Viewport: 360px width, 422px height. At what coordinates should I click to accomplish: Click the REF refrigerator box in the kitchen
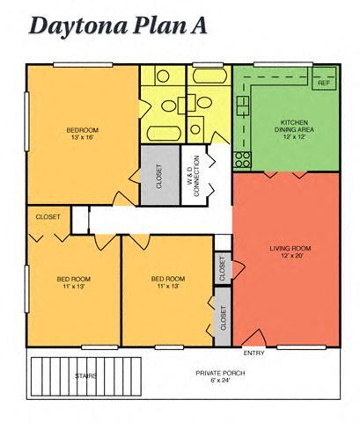pyautogui.click(x=324, y=83)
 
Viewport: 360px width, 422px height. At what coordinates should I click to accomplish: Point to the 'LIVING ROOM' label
pyautogui.click(x=290, y=249)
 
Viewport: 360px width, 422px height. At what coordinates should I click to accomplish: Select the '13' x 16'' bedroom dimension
pyautogui.click(x=84, y=139)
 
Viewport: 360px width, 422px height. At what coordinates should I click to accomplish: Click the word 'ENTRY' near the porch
pyautogui.click(x=253, y=353)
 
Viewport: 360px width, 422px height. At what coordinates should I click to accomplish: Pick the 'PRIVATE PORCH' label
pyautogui.click(x=219, y=373)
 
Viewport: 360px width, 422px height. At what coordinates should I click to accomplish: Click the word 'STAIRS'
pyautogui.click(x=85, y=375)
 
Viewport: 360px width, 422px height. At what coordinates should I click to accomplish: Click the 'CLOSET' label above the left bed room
pyautogui.click(x=48, y=216)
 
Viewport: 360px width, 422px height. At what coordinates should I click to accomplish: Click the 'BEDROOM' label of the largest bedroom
pyautogui.click(x=84, y=130)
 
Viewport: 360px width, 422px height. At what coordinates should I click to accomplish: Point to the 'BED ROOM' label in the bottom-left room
pyautogui.click(x=74, y=279)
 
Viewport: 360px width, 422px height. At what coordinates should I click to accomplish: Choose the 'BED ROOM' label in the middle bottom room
pyautogui.click(x=168, y=279)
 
